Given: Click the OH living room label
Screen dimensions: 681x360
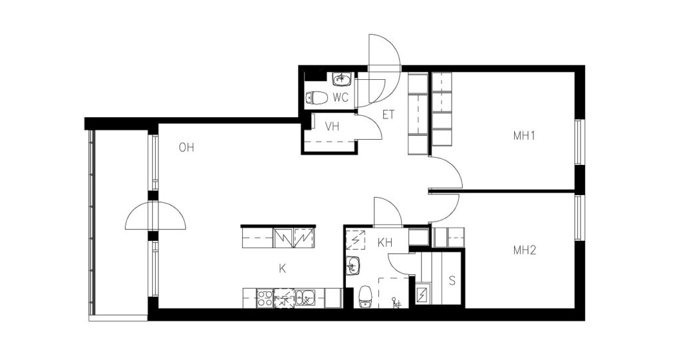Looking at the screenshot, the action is pos(186,148).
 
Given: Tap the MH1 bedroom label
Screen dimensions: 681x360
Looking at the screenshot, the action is pos(524,136).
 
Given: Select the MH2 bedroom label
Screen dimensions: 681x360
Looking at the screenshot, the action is pos(525,250).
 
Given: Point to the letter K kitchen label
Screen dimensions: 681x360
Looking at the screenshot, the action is pos(282,269).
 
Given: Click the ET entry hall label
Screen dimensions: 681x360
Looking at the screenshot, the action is pos(388,114).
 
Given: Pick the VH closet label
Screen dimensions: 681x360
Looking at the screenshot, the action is pos(333,126).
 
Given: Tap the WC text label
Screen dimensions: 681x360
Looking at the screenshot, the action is pos(340,98).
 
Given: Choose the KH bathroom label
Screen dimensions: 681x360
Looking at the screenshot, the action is pos(385,243).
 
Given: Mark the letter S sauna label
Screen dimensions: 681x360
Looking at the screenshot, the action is pos(452,281).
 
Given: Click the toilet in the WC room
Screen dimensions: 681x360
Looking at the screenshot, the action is pos(317,98).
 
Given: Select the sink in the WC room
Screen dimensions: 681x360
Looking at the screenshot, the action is pos(341,79).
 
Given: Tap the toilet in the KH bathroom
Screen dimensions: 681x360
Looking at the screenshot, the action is pos(366,296).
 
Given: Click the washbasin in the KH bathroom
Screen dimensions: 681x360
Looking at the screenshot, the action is pos(352,266).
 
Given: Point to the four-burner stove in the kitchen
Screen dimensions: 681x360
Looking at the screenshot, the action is pos(264,298).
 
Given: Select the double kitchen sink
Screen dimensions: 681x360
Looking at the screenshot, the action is pos(305,298).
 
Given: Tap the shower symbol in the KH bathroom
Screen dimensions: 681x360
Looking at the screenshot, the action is pos(396,301).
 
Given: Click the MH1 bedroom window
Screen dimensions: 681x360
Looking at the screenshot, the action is pos(578,142).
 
